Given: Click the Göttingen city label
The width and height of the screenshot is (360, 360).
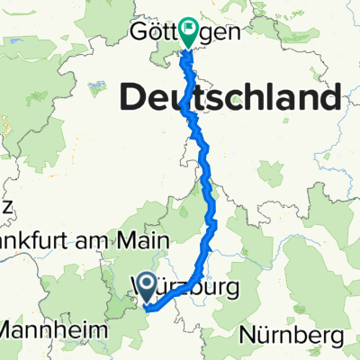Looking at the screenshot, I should pos(189,34).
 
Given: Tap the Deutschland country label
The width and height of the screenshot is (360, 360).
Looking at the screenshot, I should pos(232,96).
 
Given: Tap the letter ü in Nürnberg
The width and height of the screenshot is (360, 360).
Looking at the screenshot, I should pos(262,337).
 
